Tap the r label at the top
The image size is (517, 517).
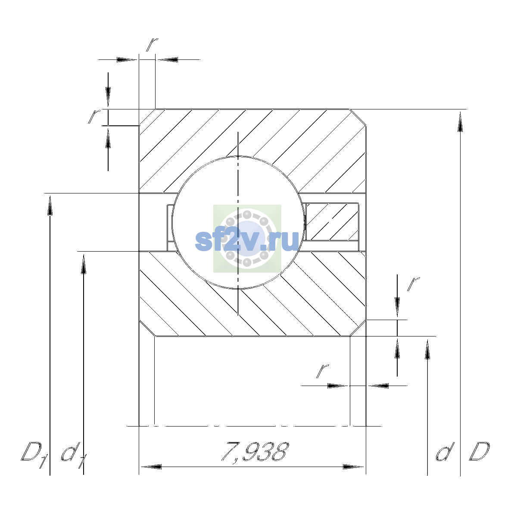152,44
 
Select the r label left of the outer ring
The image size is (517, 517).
94,116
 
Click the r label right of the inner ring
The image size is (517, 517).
413,284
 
